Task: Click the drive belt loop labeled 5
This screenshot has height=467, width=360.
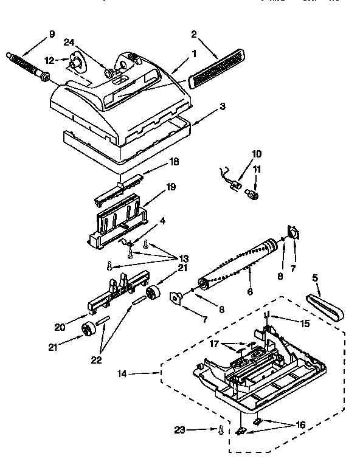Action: (325, 307)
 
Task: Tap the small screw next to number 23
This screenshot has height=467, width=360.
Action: (220, 430)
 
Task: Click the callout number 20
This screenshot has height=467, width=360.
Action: (60, 327)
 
